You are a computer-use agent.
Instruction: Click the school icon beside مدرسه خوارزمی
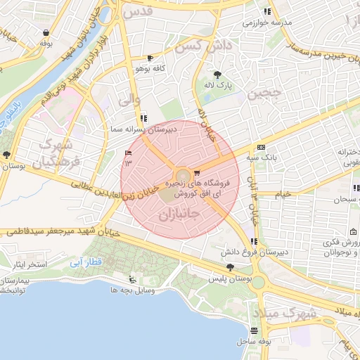pyautogui.click(x=266, y=11)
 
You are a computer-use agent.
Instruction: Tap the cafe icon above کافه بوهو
pyautogui.click(x=150, y=58)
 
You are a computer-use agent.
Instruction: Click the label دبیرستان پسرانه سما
pyautogui.click(x=141, y=129)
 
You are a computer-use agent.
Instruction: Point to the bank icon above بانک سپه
pyautogui.click(x=261, y=148)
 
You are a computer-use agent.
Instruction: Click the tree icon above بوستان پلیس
pyautogui.click(x=230, y=267)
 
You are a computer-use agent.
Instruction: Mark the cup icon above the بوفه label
pyautogui.click(x=46, y=32)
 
